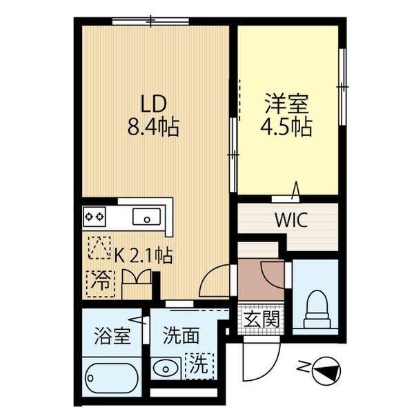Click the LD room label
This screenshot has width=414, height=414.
click(x=153, y=105)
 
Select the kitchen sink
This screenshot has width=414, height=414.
click(x=146, y=218)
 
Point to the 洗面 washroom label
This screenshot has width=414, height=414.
click(x=181, y=337)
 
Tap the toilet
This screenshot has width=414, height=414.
click(x=317, y=310)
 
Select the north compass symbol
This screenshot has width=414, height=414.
click(x=325, y=373)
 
